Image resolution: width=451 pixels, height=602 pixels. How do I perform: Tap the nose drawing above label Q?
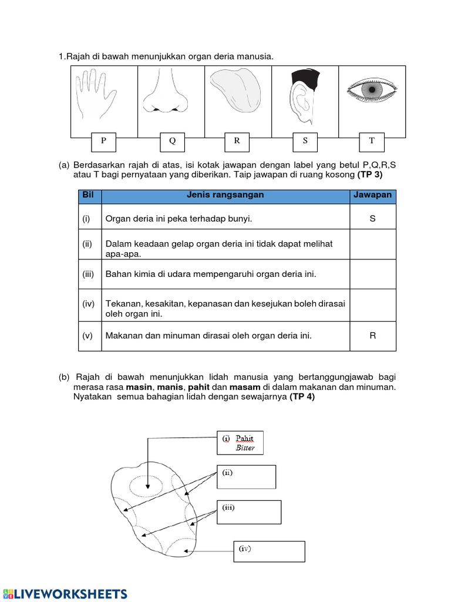pyautogui.click(x=163, y=92)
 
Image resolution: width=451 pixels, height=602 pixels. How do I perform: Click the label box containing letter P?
pyautogui.click(x=104, y=141)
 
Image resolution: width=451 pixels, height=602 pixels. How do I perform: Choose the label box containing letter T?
pyautogui.click(x=372, y=141)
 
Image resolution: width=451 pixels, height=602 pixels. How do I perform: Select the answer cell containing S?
pyautogui.click(x=372, y=218)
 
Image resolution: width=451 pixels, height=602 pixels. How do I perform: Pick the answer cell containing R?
pyautogui.click(x=372, y=336)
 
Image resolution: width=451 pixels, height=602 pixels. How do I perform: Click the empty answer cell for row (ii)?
pyautogui.click(x=372, y=244)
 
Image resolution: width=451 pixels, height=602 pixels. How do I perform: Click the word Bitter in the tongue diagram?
pyautogui.click(x=245, y=448)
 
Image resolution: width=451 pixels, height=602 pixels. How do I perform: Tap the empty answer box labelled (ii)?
pyautogui.click(x=247, y=477)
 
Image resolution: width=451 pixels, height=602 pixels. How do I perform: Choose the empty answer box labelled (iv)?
pyautogui.click(x=269, y=551)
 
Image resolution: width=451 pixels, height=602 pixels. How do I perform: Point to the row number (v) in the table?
pyautogui.click(x=87, y=336)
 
